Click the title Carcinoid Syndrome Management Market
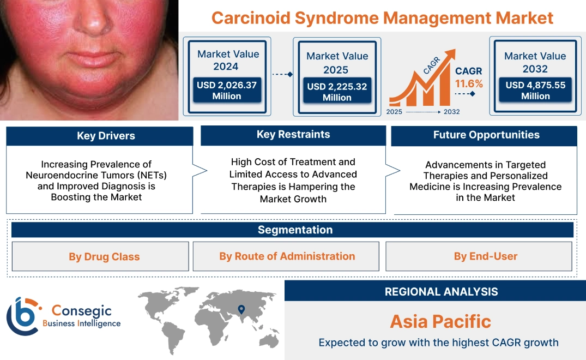[x=382, y=17]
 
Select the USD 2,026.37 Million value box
[x=226, y=90]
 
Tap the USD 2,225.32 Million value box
[x=337, y=92]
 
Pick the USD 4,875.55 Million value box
[x=535, y=90]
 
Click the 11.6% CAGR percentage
[x=469, y=83]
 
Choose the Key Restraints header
[x=293, y=135]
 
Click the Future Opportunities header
[x=486, y=135]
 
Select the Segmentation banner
[x=295, y=230]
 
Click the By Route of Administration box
[x=287, y=256]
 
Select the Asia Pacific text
[x=440, y=321]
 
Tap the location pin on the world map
[x=240, y=310]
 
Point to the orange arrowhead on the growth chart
[x=450, y=55]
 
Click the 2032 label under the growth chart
[x=451, y=112]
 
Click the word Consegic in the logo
[x=81, y=311]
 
